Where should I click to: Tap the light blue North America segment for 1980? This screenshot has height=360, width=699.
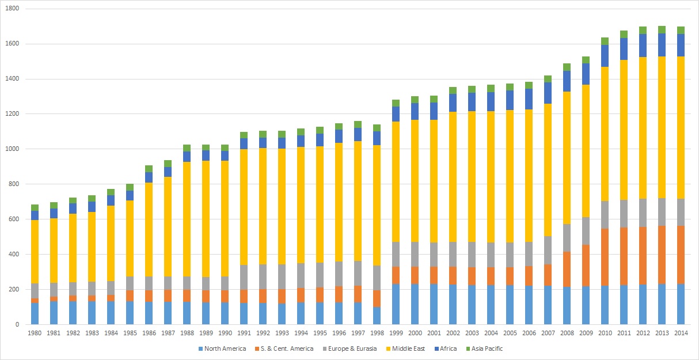[x=35, y=313]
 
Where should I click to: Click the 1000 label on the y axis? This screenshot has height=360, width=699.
[x=13, y=149]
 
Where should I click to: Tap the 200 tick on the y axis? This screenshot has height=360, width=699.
[x=15, y=289]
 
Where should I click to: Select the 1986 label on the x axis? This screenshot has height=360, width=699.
[x=149, y=333]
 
